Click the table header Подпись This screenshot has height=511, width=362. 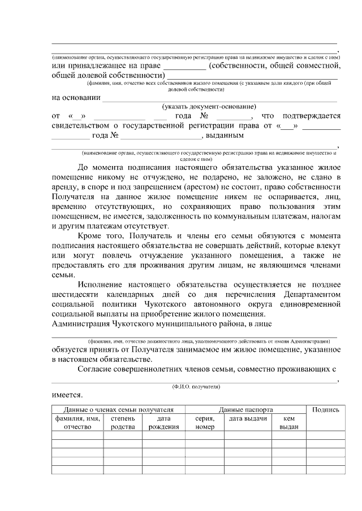pos(325,409)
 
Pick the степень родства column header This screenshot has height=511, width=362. pos(122,422)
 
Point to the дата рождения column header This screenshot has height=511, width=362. pos(164,422)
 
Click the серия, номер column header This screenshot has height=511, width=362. pos(204,422)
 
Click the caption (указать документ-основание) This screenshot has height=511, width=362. pos(209,106)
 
